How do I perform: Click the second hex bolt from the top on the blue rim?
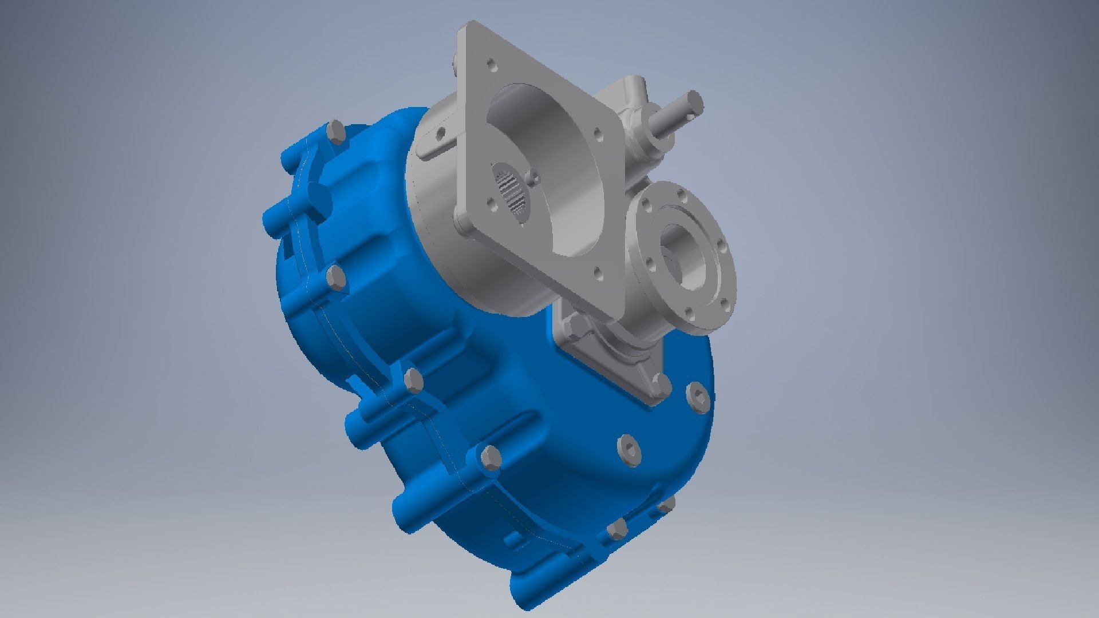pyautogui.click(x=337, y=279)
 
